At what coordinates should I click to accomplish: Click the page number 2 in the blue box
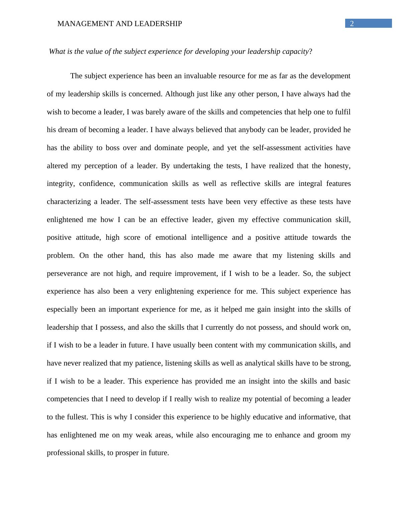tap(352, 23)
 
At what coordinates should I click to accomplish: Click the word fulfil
tap(343, 112)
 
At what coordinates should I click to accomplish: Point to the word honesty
tap(337, 166)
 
